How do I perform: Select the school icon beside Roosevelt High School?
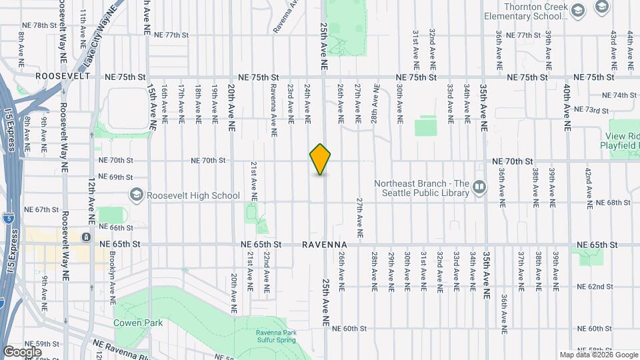coord(137,195)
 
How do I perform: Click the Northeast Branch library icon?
coord(479,189)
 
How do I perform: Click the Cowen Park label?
coord(138,323)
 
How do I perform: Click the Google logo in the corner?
coord(22,351)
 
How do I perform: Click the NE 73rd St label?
coord(597,109)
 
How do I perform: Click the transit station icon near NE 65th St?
coord(86,237)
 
